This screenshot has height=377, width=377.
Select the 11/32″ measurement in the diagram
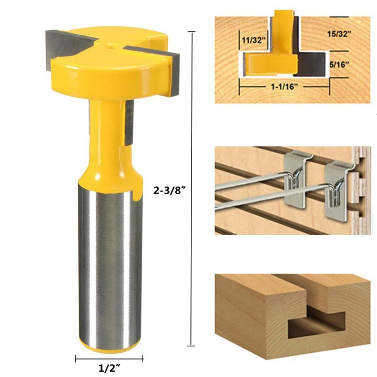pos(252,41)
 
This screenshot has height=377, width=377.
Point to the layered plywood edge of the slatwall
pos(362,188)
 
